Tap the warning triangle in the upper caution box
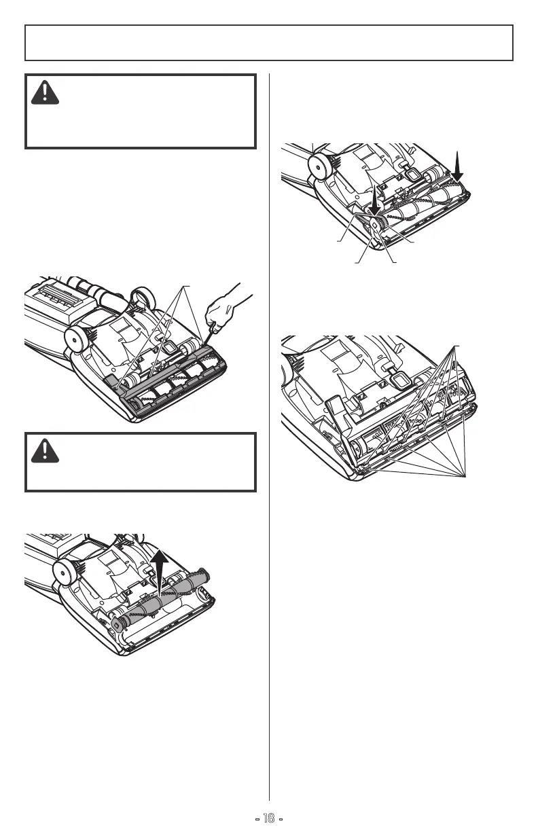click(x=44, y=93)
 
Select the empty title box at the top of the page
click(x=269, y=43)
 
